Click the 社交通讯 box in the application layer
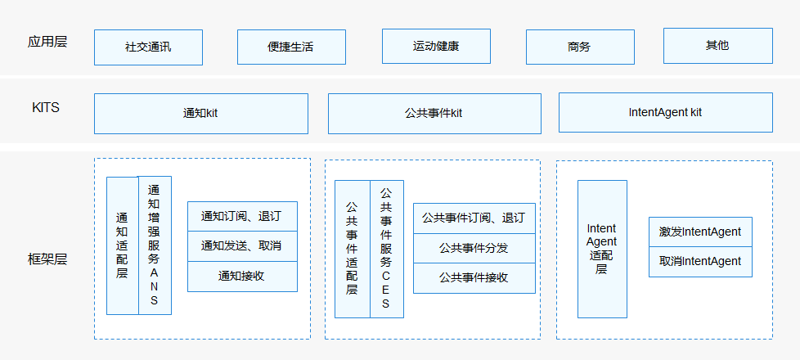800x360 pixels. click(148, 47)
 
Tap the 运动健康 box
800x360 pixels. click(436, 46)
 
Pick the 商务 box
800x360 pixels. click(579, 47)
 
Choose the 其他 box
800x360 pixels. click(717, 46)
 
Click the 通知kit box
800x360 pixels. click(200, 113)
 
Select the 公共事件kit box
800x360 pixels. click(434, 113)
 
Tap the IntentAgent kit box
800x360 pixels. click(665, 112)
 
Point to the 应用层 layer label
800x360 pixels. click(47, 42)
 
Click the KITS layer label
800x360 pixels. click(46, 108)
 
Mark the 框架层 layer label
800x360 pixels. click(47, 259)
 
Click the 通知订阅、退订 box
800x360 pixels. click(242, 216)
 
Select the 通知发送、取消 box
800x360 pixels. click(242, 246)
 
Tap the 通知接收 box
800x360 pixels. click(242, 277)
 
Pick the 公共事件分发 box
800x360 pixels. click(474, 248)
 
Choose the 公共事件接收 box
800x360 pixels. click(474, 277)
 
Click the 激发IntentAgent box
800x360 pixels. click(700, 232)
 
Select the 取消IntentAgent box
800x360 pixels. click(700, 262)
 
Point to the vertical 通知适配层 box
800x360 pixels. click(122, 245)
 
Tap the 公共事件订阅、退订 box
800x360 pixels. click(474, 218)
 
